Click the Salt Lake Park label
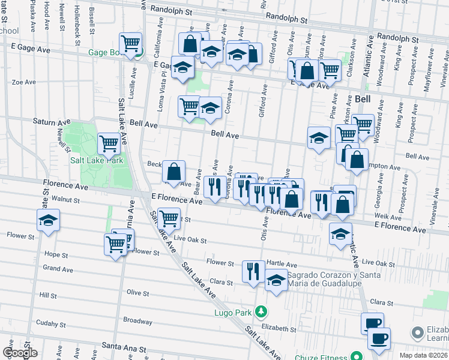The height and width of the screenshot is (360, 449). (97, 160)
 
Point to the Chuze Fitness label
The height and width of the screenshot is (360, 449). (323, 357)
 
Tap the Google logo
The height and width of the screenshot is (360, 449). (19, 353)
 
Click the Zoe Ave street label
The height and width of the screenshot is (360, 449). (25, 82)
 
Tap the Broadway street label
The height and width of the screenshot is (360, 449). (137, 320)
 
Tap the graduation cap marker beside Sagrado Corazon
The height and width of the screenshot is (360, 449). (276, 280)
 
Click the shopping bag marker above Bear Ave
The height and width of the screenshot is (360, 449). (173, 172)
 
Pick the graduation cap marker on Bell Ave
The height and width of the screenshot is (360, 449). (319, 138)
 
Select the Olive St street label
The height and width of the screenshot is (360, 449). (137, 292)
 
